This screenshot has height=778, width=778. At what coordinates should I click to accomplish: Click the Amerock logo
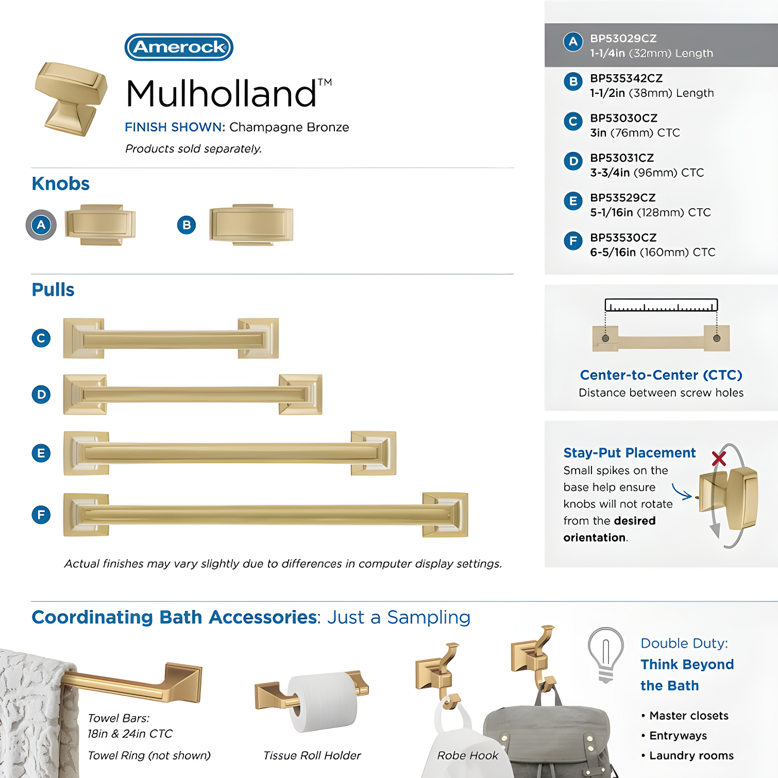[x=179, y=47]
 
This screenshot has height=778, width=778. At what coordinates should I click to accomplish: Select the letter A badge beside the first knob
[x=41, y=225]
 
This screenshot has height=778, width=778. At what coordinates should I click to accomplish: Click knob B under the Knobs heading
[x=251, y=225]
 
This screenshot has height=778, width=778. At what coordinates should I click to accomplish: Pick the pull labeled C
[x=171, y=339]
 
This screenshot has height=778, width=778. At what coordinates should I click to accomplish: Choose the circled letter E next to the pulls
[x=41, y=453]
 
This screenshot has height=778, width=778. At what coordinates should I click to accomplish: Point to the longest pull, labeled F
[x=266, y=515]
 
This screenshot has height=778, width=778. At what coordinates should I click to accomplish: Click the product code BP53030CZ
[x=624, y=118]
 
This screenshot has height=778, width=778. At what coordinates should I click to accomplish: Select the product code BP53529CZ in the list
[x=623, y=198]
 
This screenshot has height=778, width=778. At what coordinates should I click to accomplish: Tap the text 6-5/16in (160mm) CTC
[x=653, y=252]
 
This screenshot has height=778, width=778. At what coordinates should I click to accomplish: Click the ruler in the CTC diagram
[x=661, y=305]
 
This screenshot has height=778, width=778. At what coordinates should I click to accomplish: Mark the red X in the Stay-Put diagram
[x=719, y=459]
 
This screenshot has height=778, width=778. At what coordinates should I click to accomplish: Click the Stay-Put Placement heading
[x=630, y=453]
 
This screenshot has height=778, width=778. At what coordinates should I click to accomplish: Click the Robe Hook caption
[x=468, y=755]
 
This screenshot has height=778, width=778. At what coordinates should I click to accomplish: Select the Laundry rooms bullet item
[x=688, y=755]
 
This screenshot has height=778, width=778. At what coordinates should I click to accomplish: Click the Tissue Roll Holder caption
[x=312, y=755]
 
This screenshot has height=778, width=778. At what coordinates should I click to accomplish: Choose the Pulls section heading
[x=53, y=290]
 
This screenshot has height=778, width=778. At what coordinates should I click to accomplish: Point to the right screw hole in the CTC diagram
[x=717, y=338]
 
